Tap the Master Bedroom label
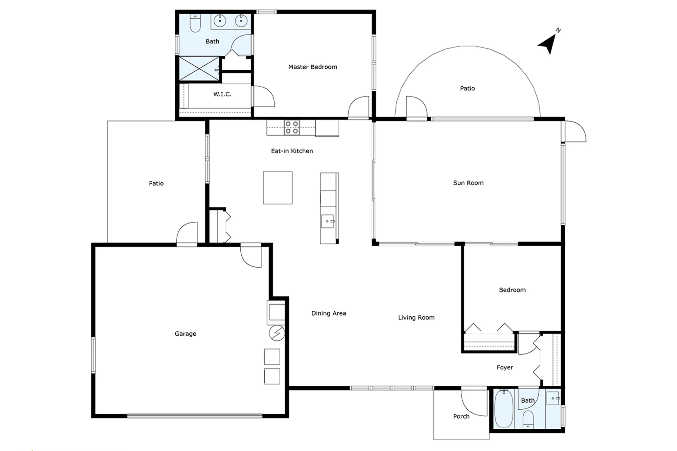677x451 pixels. pyautogui.click(x=312, y=67)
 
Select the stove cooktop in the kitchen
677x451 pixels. pyautogui.click(x=291, y=128)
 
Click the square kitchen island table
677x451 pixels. pyautogui.click(x=278, y=188)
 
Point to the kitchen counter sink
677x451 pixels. pyautogui.click(x=327, y=221)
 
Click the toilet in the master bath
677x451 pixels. pyautogui.click(x=195, y=23)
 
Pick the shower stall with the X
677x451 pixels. pyautogui.click(x=199, y=69)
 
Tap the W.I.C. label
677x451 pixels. pyautogui.click(x=222, y=94)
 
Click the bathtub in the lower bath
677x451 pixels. pyautogui.click(x=504, y=409)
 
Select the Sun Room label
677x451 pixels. pyautogui.click(x=468, y=183)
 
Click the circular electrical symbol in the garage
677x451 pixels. pyautogui.click(x=277, y=333)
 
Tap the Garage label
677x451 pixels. pyautogui.click(x=185, y=334)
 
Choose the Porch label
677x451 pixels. pyautogui.click(x=461, y=416)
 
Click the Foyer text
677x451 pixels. pyautogui.click(x=505, y=367)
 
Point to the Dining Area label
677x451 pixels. pyautogui.click(x=328, y=313)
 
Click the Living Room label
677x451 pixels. pyautogui.click(x=416, y=318)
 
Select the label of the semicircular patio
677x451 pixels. pyautogui.click(x=467, y=89)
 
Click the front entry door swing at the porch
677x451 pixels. pyautogui.click(x=474, y=403)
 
